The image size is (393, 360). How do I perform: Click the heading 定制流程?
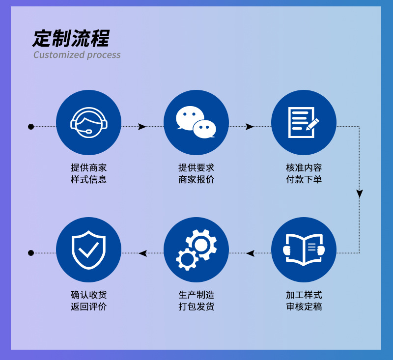71,38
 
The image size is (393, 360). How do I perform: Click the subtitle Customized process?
77,55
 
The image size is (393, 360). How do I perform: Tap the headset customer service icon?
88,122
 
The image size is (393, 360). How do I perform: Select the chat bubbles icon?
196,122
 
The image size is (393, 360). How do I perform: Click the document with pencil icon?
304,122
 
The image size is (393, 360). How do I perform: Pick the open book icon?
304,249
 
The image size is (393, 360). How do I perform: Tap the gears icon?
196,249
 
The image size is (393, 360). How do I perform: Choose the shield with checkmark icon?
88,249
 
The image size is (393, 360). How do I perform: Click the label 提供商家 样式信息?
88,173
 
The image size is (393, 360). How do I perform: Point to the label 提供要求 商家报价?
196,173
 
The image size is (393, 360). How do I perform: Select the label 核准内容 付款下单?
304,173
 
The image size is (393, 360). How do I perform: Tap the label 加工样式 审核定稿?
304,301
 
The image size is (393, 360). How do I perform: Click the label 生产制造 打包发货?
196,301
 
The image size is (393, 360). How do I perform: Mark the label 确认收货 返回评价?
88,301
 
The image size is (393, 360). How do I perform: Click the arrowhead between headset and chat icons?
142,127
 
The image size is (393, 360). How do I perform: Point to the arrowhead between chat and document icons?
250,127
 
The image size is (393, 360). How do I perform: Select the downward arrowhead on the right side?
360,194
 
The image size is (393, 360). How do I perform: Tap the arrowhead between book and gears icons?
251,253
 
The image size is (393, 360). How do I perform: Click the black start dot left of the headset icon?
31,127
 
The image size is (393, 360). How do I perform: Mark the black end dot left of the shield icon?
31,253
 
